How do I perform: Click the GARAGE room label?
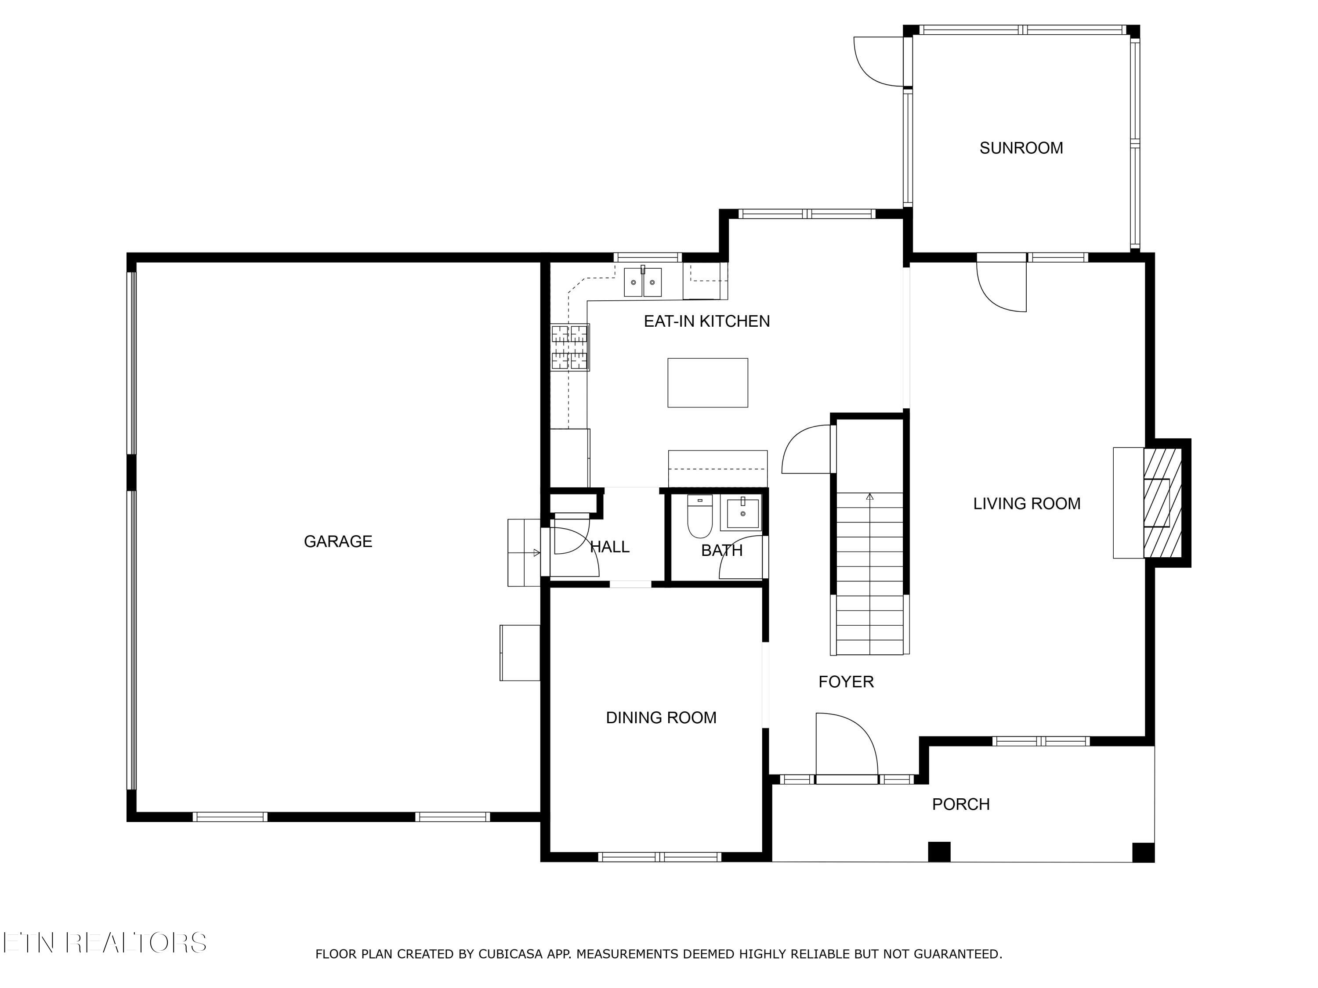pyautogui.click(x=338, y=541)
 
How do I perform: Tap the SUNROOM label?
pyautogui.click(x=1021, y=148)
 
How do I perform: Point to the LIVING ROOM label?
pyautogui.click(x=1027, y=504)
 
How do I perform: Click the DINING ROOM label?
pyautogui.click(x=661, y=718)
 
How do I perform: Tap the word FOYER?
pyautogui.click(x=846, y=682)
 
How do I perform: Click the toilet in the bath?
pyautogui.click(x=700, y=516)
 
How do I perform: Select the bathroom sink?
pyautogui.click(x=742, y=513)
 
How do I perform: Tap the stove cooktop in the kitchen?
pyautogui.click(x=570, y=347)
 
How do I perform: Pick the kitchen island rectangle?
pyautogui.click(x=708, y=383)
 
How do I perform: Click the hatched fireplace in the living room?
pyautogui.click(x=1162, y=503)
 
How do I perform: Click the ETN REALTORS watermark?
pyautogui.click(x=105, y=943)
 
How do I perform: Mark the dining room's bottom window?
pyautogui.click(x=659, y=858)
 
